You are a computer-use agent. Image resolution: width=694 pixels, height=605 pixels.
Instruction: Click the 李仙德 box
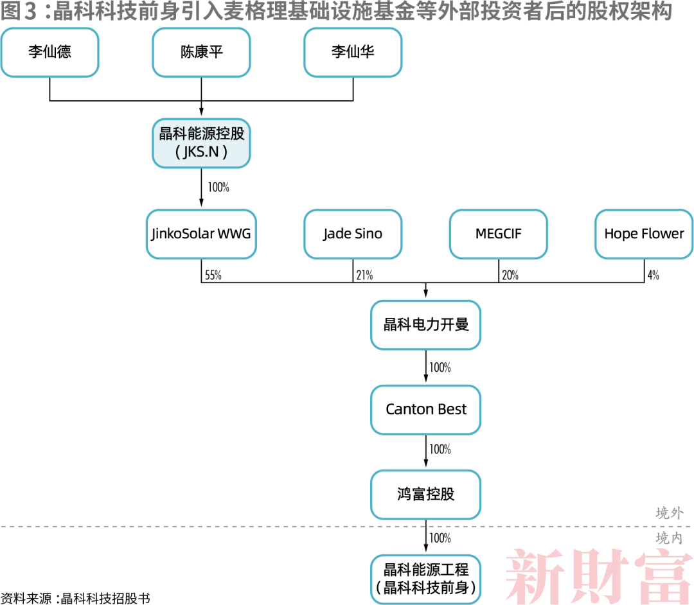point(49,52)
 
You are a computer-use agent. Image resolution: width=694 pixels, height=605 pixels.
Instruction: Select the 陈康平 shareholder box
point(201,52)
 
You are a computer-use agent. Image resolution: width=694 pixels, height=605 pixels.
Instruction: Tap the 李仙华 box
point(353,52)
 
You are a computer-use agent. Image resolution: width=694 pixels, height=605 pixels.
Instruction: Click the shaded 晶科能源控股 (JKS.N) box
point(201,143)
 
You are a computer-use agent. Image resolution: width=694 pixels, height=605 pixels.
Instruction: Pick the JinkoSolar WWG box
point(201,234)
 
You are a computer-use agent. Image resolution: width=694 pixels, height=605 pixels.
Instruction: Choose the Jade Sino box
point(353,234)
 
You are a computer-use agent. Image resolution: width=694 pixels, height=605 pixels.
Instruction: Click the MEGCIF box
point(499,234)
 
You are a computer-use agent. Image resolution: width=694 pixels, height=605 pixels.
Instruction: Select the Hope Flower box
point(644,234)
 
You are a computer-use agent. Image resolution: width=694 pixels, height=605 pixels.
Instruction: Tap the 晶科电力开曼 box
point(426,324)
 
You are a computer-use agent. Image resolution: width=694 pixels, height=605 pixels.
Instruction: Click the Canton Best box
point(426,409)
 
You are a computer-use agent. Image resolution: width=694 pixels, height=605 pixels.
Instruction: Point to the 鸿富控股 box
point(426,494)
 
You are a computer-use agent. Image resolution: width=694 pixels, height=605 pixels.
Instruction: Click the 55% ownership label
point(213,276)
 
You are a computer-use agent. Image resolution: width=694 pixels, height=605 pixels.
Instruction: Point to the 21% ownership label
point(364,276)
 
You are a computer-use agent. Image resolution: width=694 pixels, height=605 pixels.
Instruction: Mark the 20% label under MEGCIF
point(510,276)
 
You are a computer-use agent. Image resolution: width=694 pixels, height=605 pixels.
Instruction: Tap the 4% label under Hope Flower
point(653,276)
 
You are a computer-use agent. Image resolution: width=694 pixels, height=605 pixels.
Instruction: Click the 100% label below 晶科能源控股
point(218,188)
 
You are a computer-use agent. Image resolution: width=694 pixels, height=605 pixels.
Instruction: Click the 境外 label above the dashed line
point(669,513)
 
